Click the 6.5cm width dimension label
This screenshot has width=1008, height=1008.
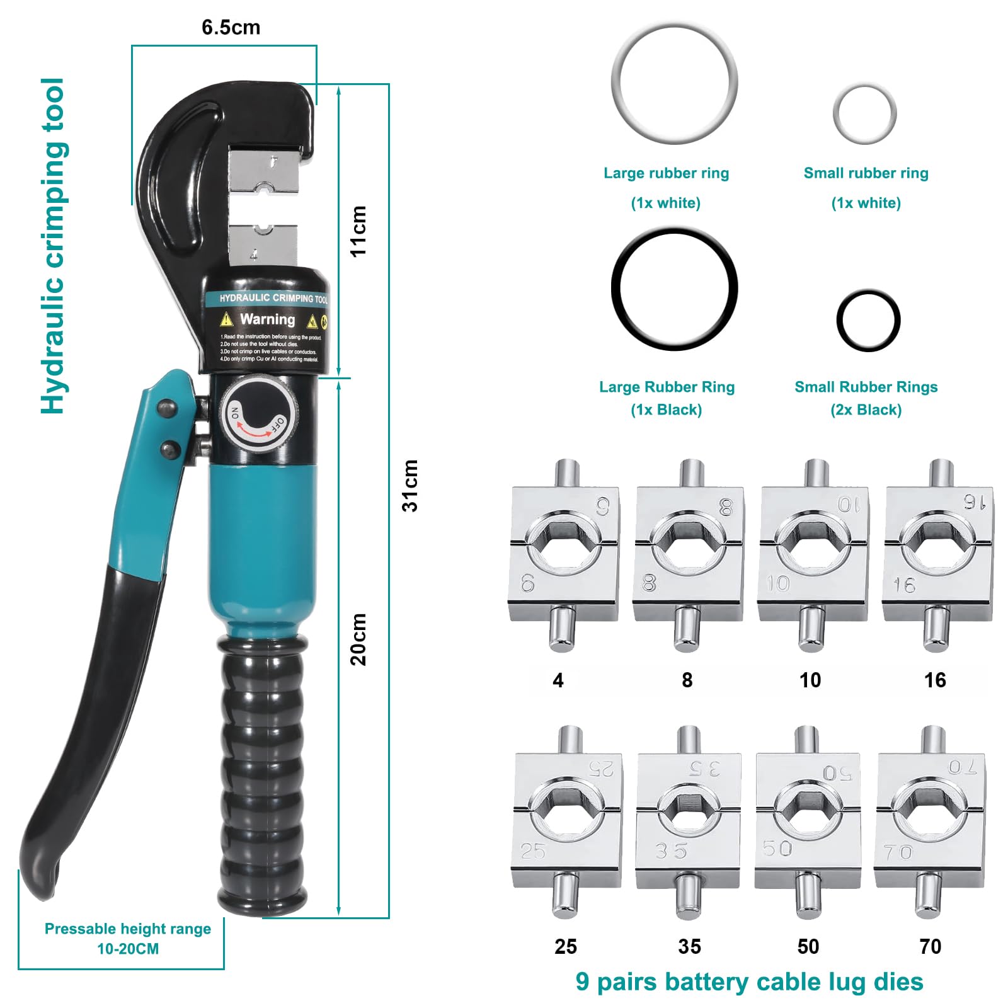tap(231, 28)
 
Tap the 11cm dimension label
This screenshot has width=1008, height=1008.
tap(358, 231)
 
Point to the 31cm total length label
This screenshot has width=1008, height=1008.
tap(410, 485)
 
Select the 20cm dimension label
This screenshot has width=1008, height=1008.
tap(358, 639)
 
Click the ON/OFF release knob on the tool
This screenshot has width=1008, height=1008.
tap(256, 414)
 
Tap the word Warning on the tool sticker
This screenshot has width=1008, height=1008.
tap(267, 319)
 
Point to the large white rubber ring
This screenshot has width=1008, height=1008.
tap(673, 83)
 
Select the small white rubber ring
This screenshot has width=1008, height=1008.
tap(864, 114)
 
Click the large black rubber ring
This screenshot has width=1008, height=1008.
tap(673, 289)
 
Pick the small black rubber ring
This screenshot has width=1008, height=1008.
tap(868, 321)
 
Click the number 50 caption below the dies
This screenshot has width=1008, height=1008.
tap(808, 946)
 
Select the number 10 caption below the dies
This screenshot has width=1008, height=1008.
tap(810, 680)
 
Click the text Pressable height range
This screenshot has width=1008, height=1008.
tap(128, 929)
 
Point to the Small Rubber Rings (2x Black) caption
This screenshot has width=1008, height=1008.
tap(866, 398)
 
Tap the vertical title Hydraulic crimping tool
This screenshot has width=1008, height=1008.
tap(53, 246)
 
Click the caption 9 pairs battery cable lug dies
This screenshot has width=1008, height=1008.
tap(749, 982)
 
